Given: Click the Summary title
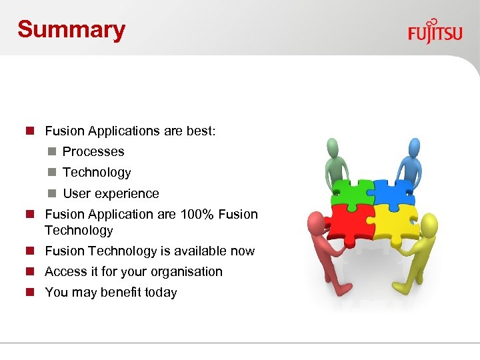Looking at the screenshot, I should (x=71, y=29).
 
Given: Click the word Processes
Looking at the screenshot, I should (x=93, y=152).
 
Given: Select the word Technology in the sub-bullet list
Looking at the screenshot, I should (x=97, y=173).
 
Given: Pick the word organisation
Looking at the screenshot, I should (x=187, y=272).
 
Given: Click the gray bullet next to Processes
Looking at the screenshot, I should (x=51, y=152).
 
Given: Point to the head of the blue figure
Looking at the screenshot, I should (x=414, y=146).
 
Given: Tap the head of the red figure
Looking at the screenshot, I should (x=315, y=222).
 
